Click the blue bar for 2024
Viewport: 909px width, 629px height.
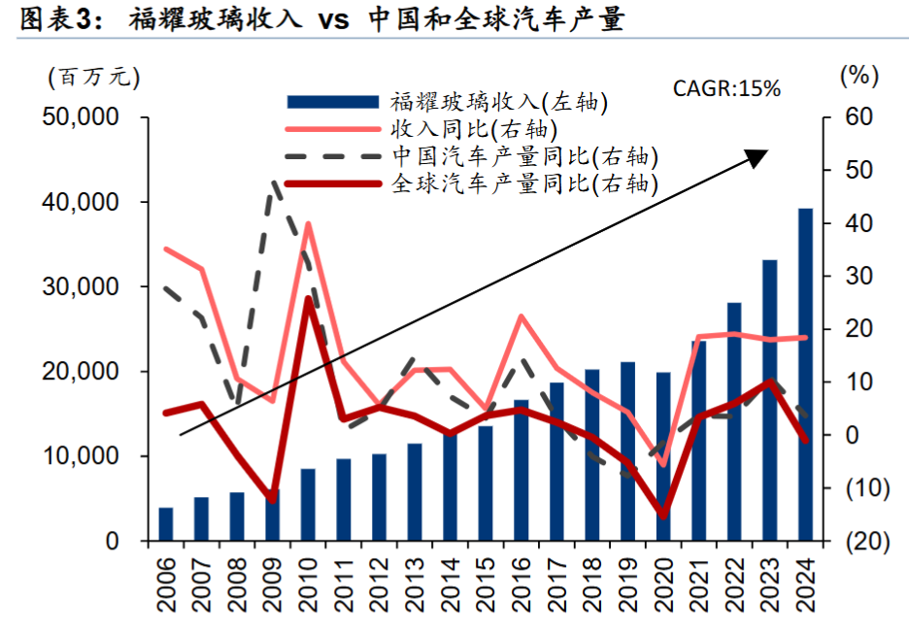[805, 375]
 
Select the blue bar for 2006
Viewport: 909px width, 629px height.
[166, 524]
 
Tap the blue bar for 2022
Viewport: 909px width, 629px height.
[734, 421]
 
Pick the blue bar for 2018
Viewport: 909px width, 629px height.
[592, 454]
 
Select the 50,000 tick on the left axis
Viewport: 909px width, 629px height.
[79, 117]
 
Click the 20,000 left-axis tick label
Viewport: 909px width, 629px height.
[79, 372]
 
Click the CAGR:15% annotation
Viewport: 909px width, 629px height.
[726, 88]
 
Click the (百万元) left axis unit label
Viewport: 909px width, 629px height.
[92, 77]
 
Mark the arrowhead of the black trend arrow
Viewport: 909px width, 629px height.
[761, 154]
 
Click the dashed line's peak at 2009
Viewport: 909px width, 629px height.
[274, 182]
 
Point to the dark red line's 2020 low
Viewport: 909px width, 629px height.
[663, 515]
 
